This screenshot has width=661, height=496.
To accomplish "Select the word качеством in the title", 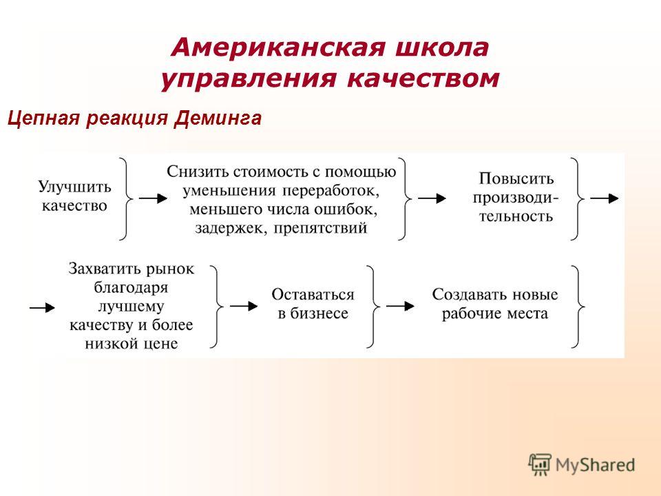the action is click(423, 79).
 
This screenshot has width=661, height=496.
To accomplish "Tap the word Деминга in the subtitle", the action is click(218, 118).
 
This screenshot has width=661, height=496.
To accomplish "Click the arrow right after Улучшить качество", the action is click(153, 198).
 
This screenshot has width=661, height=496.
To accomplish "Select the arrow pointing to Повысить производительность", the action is click(432, 198).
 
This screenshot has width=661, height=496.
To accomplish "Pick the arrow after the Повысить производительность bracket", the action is click(605, 198).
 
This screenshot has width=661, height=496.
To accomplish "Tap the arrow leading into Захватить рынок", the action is click(42, 307).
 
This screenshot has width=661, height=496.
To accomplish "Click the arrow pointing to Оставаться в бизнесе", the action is click(244, 306).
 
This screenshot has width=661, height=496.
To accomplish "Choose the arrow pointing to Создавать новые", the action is click(401, 306).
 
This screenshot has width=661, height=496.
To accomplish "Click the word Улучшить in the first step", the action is click(74, 187).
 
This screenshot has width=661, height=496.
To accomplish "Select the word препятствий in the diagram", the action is click(320, 228).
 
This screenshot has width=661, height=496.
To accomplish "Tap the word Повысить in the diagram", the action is click(516, 178).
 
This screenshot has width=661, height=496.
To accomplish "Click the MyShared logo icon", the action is click(540, 465).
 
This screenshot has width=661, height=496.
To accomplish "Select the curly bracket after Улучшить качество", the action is click(126, 198).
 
